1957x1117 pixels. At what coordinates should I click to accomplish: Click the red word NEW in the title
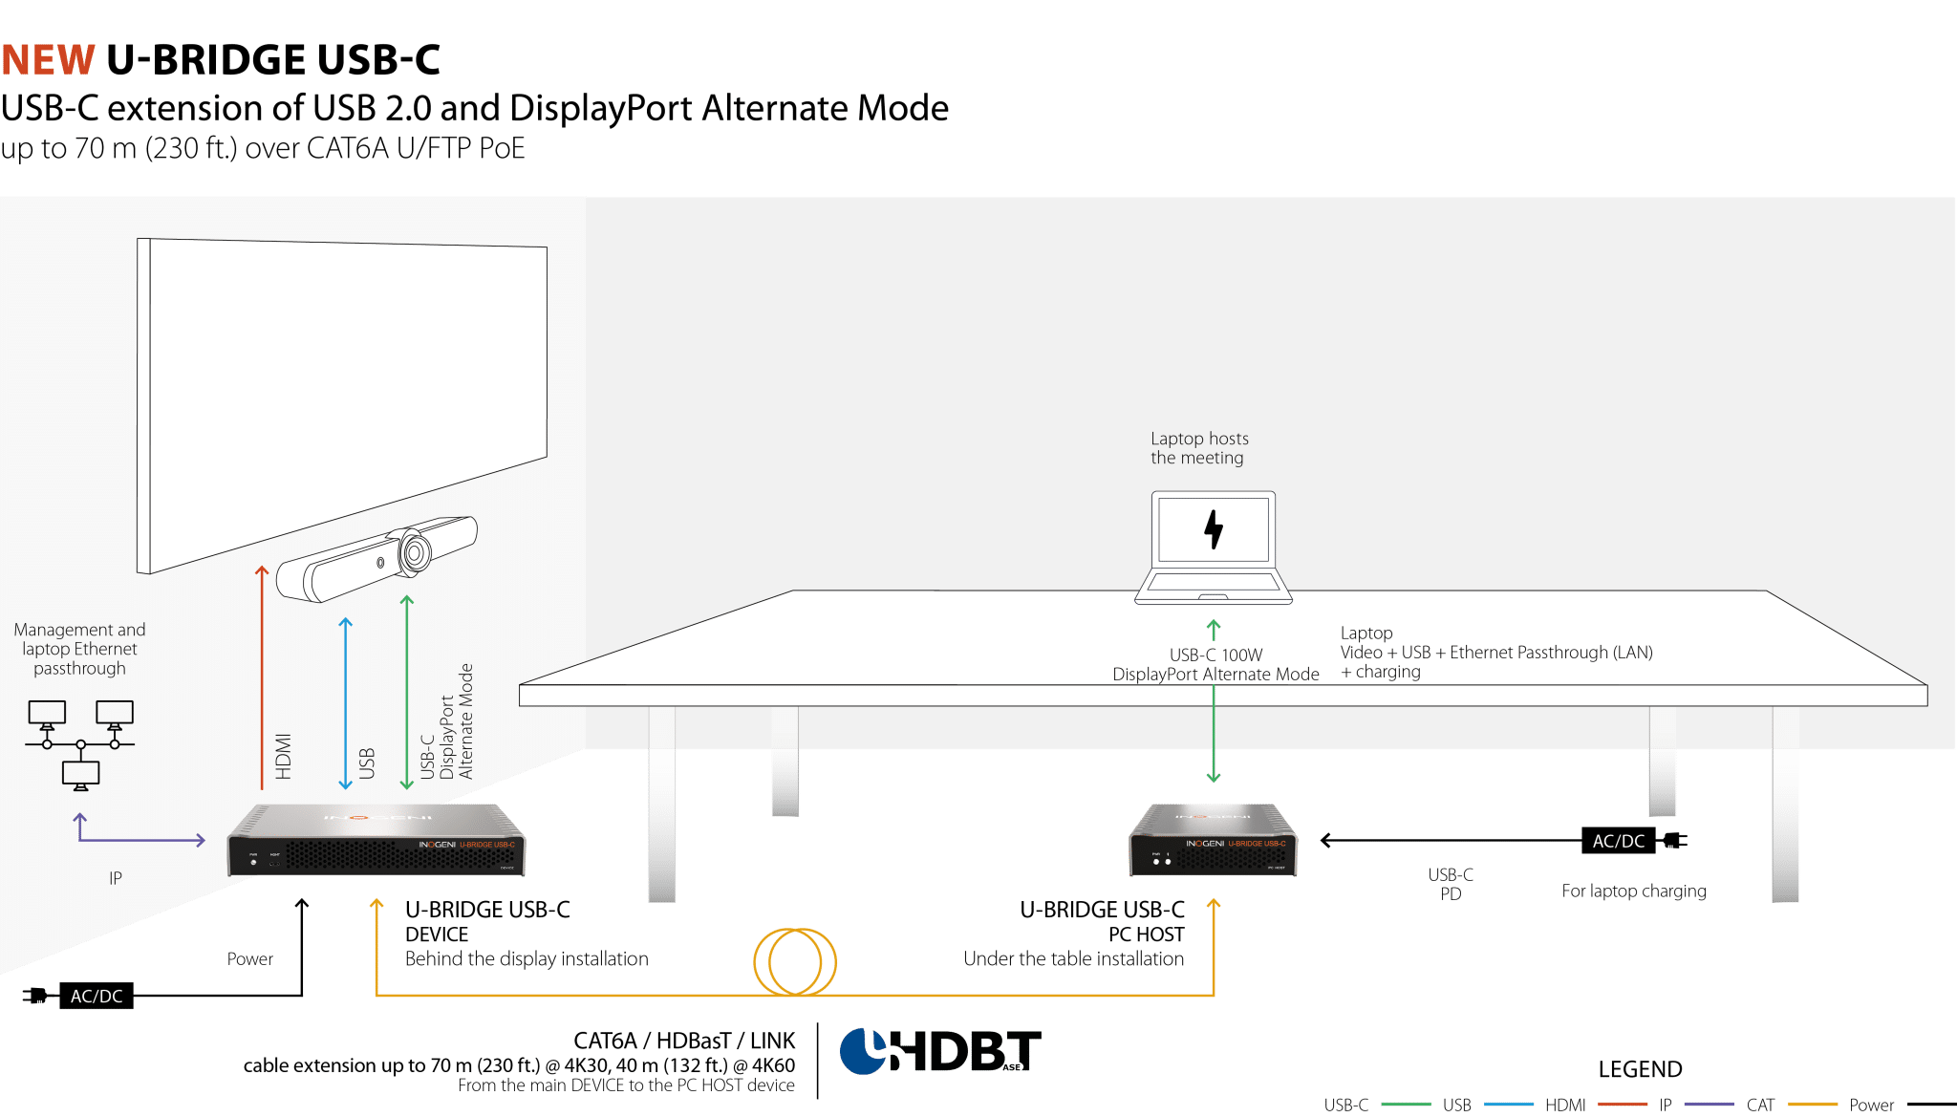click(x=48, y=60)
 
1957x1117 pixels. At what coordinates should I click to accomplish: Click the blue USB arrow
click(x=346, y=702)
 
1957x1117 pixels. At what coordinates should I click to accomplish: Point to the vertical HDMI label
click(x=284, y=756)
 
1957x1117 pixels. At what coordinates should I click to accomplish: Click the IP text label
click(x=116, y=878)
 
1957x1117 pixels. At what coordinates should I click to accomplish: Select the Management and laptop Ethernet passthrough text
click(x=79, y=649)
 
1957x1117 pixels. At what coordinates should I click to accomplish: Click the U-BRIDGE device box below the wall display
click(x=376, y=841)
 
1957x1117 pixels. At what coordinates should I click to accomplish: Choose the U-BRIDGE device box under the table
click(x=1213, y=840)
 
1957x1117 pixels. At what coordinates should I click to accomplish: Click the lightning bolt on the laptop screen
click(x=1214, y=528)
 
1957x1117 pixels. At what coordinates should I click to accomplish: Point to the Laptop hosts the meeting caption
click(x=1199, y=448)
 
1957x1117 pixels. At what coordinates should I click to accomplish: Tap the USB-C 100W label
click(x=1215, y=655)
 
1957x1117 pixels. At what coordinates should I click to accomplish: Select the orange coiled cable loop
click(x=795, y=961)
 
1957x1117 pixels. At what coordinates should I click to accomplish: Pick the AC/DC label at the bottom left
click(x=97, y=996)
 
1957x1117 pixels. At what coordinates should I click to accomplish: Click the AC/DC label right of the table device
click(x=1619, y=841)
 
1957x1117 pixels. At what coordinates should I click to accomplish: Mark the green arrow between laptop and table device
click(x=1214, y=726)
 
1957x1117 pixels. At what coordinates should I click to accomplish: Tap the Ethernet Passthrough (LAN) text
click(x=1551, y=653)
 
